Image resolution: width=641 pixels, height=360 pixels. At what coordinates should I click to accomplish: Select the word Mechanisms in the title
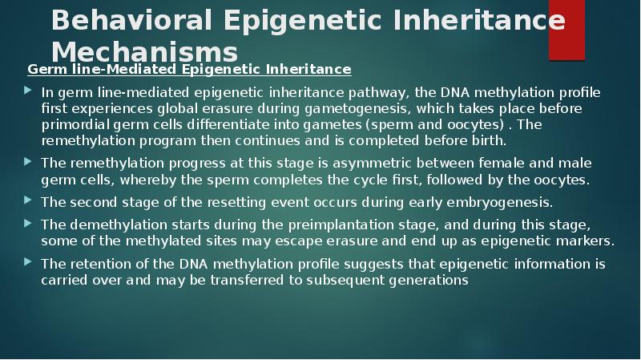[145, 52]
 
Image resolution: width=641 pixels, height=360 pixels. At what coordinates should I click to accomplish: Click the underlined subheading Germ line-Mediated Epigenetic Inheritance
[189, 70]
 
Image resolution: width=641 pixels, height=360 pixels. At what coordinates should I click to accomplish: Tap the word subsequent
[350, 279]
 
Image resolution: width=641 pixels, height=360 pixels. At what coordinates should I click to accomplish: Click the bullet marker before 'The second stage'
[30, 200]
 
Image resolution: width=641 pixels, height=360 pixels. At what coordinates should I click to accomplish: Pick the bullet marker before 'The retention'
[30, 263]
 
